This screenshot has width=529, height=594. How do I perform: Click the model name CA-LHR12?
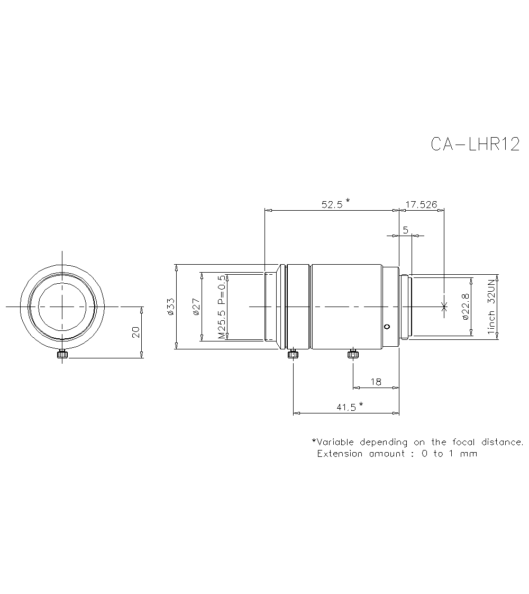click(475, 144)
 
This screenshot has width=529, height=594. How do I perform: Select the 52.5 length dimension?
click(332, 204)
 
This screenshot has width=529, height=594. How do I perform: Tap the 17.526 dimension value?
click(421, 204)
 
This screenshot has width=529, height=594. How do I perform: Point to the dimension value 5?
click(405, 230)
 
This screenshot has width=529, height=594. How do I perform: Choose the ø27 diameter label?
click(195, 307)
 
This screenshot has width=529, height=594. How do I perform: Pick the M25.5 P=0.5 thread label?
click(221, 307)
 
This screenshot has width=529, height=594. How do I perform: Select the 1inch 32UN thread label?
click(491, 307)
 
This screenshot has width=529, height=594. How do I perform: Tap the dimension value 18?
click(376, 381)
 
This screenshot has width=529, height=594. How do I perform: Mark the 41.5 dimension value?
click(346, 407)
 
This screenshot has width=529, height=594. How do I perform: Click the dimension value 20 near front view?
click(136, 332)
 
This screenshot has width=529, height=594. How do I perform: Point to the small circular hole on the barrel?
click(387, 326)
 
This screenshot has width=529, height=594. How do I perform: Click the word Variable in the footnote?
click(335, 442)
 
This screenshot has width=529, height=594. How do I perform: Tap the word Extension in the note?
click(340, 454)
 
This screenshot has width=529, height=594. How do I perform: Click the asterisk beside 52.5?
click(348, 201)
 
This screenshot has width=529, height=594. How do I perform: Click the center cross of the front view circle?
click(62, 307)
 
